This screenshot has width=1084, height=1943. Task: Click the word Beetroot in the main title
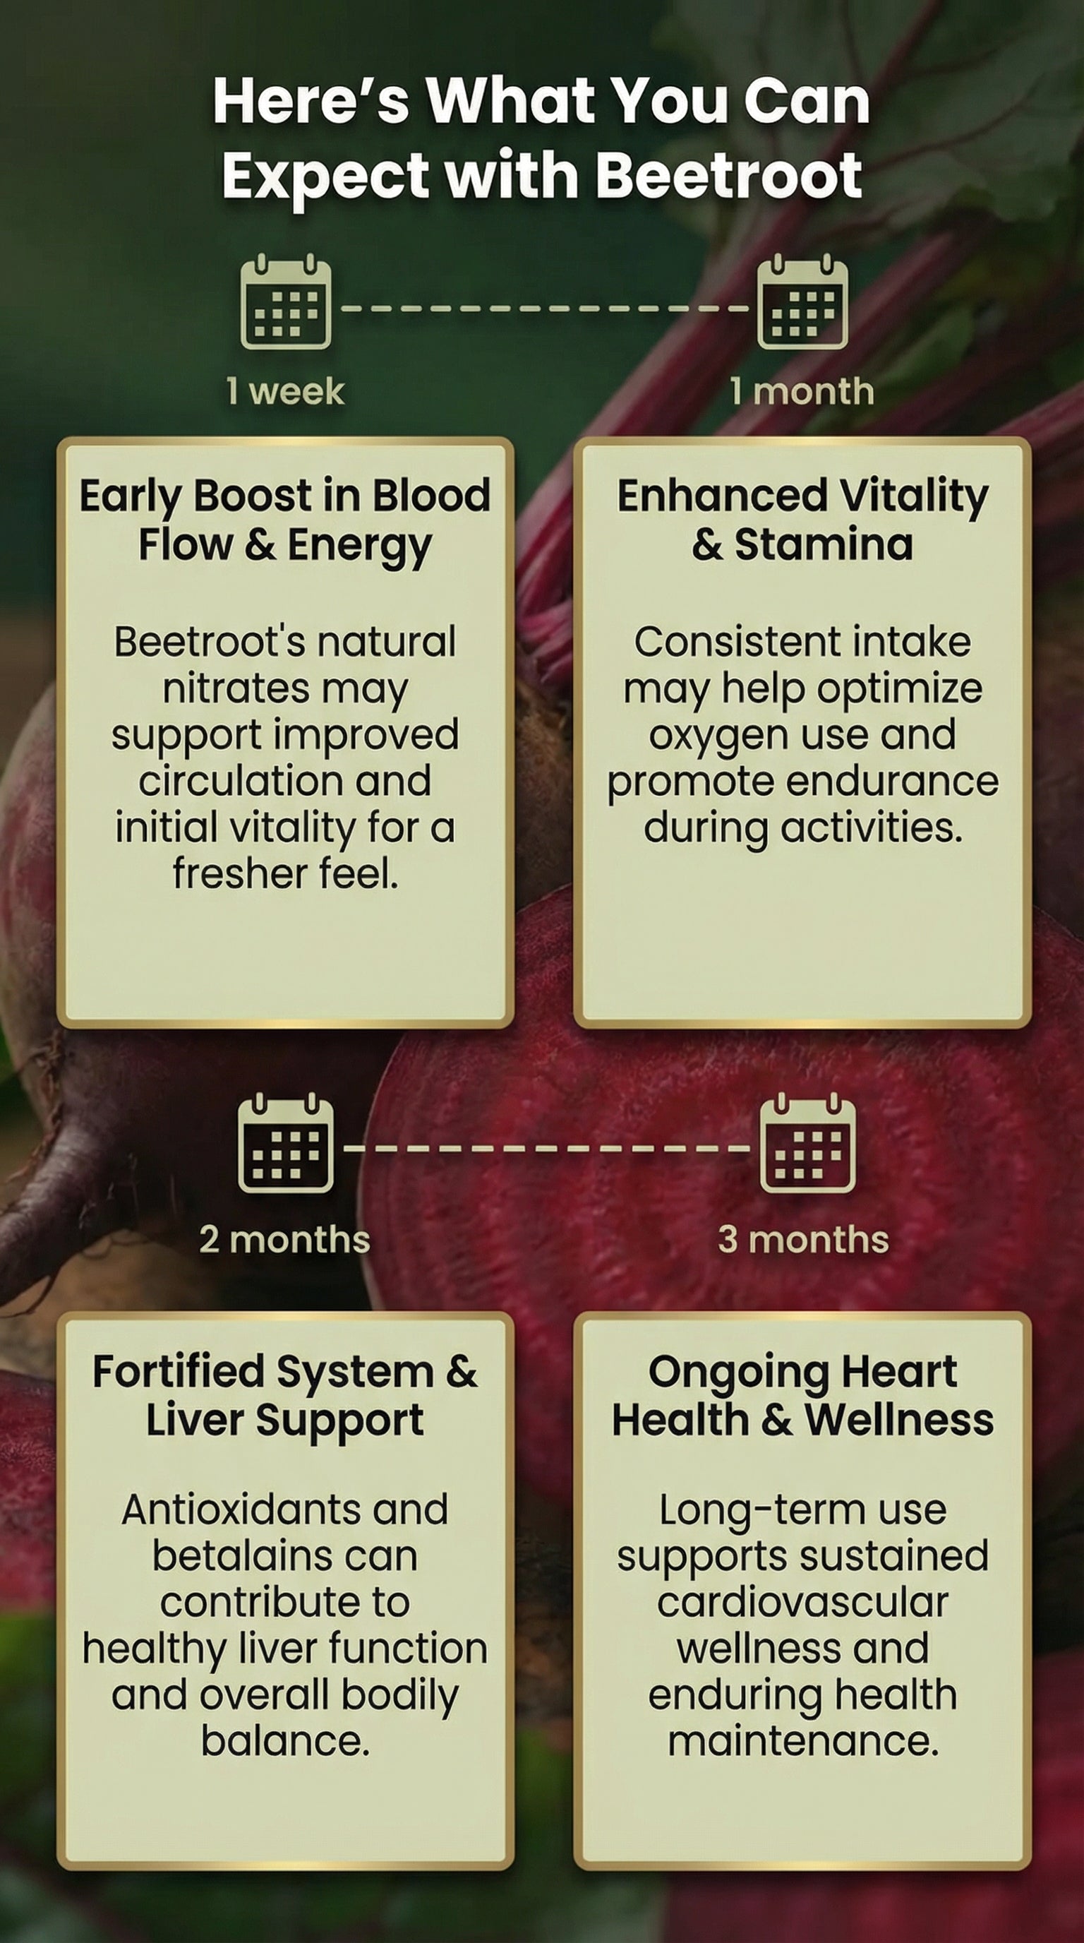[x=729, y=174]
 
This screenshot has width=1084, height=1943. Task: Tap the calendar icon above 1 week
[x=286, y=301]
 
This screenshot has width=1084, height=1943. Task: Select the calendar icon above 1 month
[x=803, y=301]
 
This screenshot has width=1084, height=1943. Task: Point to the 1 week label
[x=286, y=391]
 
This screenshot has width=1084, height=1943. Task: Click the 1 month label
[x=802, y=391]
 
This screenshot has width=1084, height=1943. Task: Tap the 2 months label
[x=285, y=1239]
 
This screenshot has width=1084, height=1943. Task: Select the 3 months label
[x=804, y=1239]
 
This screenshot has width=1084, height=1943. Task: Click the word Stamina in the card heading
[x=824, y=544]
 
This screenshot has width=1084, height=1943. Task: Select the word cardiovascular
[x=802, y=1602]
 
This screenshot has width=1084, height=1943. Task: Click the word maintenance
[x=803, y=1742]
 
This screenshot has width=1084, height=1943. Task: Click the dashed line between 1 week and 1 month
[x=544, y=309]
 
